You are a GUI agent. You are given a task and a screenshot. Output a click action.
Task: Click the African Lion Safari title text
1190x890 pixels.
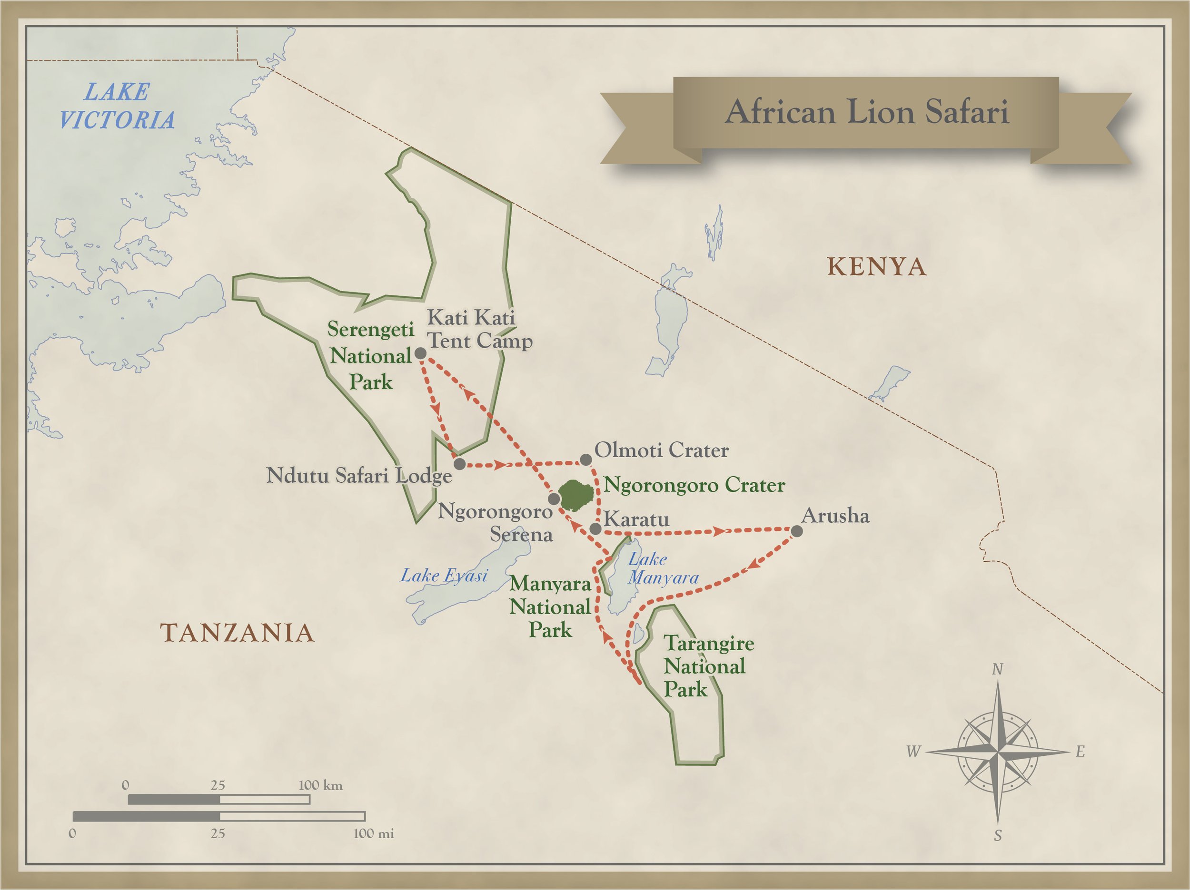[x=866, y=112]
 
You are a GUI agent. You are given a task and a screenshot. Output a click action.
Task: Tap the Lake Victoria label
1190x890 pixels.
[x=117, y=106]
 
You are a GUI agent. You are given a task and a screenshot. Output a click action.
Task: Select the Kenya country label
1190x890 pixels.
[x=876, y=267]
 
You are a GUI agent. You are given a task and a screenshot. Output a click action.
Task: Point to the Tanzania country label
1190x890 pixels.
[x=237, y=633]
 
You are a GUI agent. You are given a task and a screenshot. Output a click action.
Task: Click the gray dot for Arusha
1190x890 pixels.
[x=797, y=531]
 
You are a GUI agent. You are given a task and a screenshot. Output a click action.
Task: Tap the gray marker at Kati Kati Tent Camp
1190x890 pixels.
[x=420, y=353]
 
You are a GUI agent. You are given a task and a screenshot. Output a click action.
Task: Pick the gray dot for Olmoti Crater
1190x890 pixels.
[x=586, y=460]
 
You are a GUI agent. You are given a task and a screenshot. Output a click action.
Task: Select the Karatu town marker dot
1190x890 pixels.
[x=595, y=528]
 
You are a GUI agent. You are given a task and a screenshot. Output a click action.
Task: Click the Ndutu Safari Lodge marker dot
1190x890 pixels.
[x=459, y=464]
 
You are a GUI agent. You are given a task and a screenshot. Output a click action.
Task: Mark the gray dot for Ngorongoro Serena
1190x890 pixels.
[x=554, y=499]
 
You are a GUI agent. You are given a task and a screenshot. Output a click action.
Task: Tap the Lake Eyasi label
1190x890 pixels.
[x=444, y=576]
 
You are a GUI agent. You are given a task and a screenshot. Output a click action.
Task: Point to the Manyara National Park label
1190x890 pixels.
[x=550, y=606]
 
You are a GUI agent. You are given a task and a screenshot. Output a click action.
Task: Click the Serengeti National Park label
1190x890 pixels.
[x=371, y=355]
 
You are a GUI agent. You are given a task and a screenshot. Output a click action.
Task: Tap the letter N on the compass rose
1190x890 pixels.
[x=997, y=669]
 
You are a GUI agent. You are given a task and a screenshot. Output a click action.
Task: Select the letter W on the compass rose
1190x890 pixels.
[x=913, y=751]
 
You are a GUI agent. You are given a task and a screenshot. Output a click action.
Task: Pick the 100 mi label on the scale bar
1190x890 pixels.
[x=373, y=833]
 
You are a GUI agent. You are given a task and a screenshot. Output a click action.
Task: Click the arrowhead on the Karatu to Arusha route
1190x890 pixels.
[x=718, y=532]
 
